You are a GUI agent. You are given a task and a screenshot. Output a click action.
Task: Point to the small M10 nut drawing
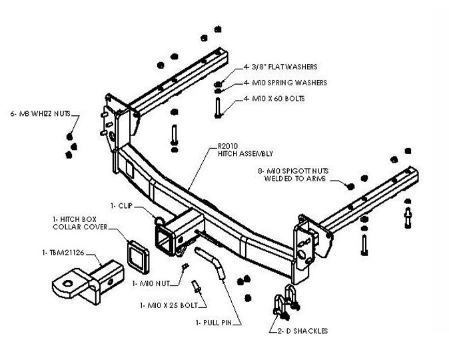[187, 268]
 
